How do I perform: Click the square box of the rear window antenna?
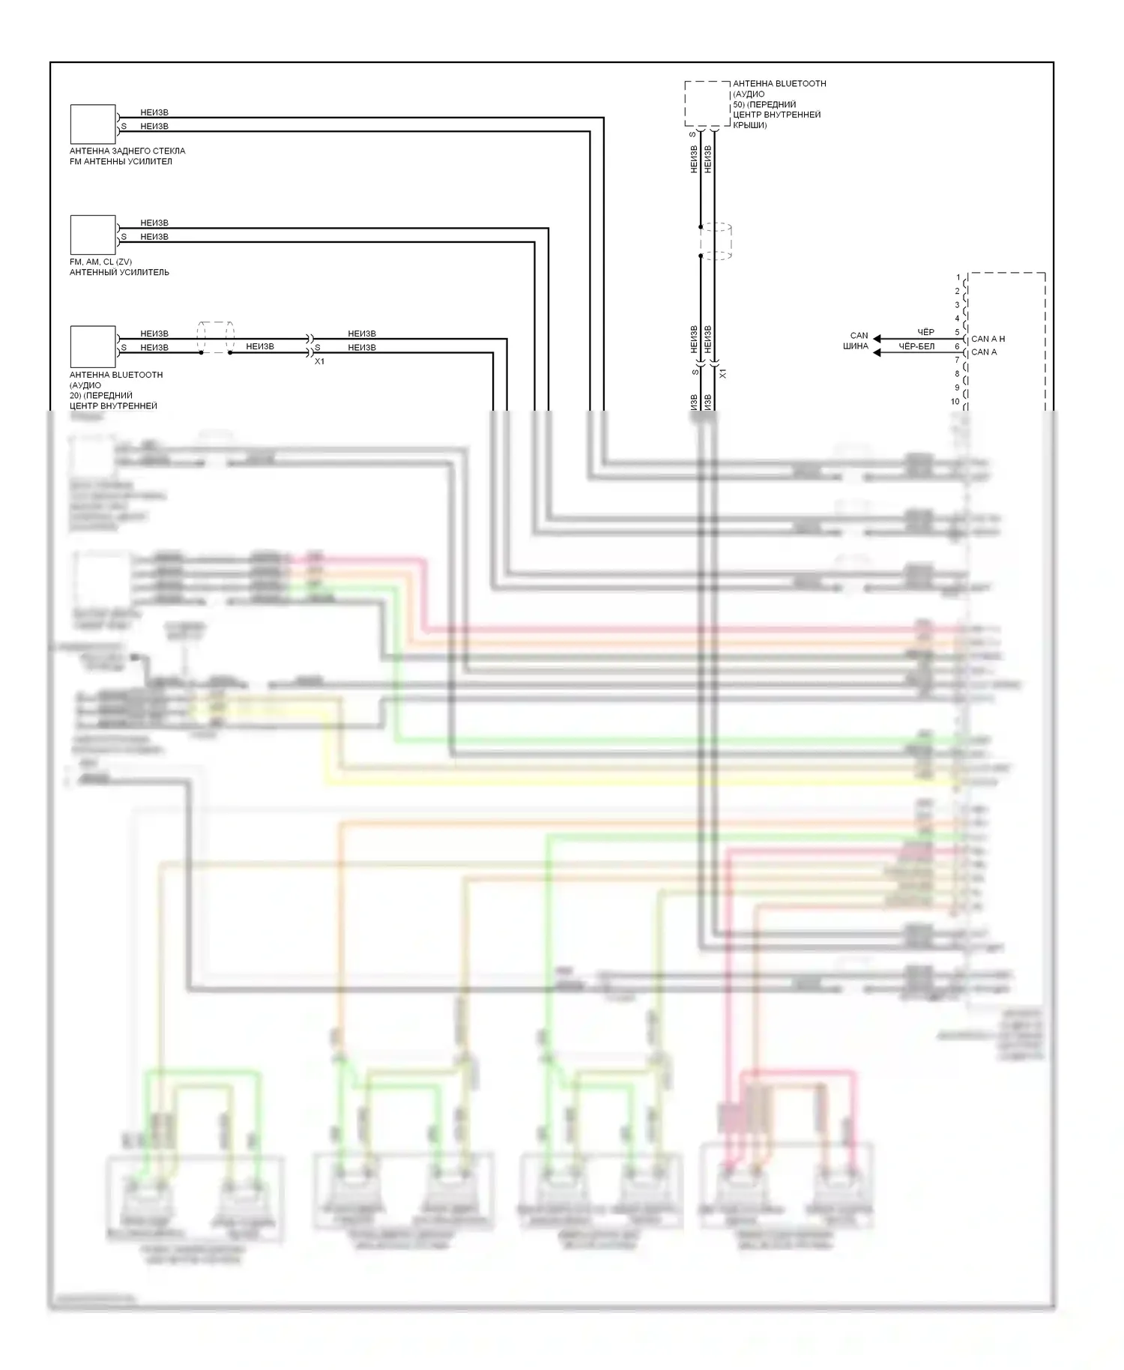coord(93,124)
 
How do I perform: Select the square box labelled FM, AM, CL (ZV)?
coord(93,235)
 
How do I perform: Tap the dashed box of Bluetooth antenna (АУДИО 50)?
coord(707,104)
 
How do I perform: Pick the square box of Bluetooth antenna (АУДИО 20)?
coord(93,346)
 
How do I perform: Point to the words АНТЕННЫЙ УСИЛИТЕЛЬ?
coord(119,273)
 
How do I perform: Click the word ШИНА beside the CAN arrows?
coord(855,346)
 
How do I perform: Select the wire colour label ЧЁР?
coord(925,332)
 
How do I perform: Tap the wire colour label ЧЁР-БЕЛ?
coord(916,346)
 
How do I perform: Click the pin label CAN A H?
coord(988,339)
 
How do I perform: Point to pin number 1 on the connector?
coord(958,278)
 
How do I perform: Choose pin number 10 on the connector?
coord(955,402)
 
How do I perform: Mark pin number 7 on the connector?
coord(957,360)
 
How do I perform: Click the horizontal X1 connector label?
coord(319,361)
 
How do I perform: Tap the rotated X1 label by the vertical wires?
coord(722,372)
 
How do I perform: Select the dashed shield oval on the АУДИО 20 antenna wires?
coord(215,338)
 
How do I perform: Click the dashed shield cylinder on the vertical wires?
coord(715,241)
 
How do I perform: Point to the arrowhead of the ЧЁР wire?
coord(877,339)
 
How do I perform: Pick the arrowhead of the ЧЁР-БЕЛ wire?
coord(877,352)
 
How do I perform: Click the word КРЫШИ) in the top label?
coord(749,125)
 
